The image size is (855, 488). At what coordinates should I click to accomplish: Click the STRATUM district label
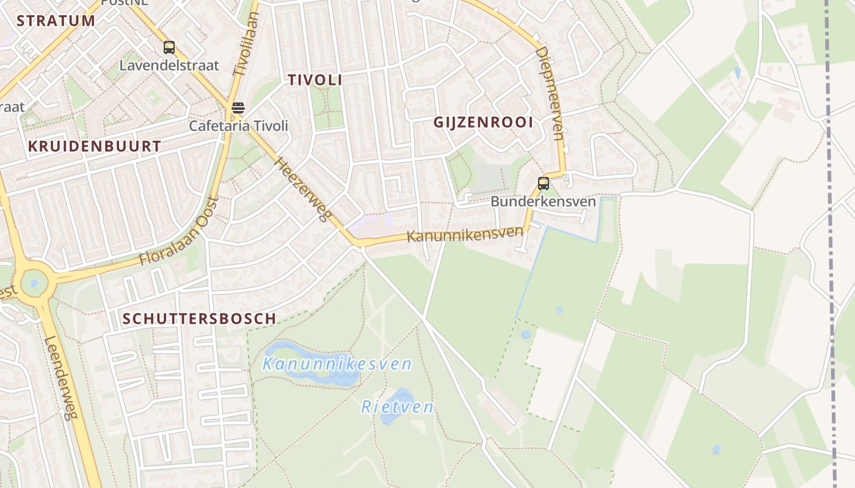(x=56, y=20)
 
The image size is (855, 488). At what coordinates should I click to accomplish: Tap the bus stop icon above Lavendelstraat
(x=169, y=48)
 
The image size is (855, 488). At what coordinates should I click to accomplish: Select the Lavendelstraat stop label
(x=169, y=65)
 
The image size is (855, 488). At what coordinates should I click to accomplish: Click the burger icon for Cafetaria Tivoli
(x=238, y=109)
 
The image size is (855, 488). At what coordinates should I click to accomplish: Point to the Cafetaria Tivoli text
(x=238, y=126)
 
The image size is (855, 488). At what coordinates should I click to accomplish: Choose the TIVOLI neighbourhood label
(x=315, y=80)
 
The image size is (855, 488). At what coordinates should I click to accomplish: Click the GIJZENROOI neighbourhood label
(x=483, y=122)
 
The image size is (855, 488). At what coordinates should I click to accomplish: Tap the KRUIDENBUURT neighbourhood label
(x=95, y=146)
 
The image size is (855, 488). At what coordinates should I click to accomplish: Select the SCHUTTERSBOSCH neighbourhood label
(x=199, y=318)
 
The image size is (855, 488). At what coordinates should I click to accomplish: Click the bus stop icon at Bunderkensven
(x=543, y=183)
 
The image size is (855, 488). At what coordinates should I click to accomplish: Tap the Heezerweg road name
(x=303, y=190)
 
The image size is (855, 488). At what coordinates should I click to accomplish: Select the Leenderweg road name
(x=62, y=379)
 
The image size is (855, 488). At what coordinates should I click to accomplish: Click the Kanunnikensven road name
(x=465, y=234)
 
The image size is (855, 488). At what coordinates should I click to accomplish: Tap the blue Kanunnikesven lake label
(x=337, y=365)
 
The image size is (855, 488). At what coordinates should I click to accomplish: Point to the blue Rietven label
(x=398, y=407)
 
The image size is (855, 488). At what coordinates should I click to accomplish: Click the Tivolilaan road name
(x=247, y=46)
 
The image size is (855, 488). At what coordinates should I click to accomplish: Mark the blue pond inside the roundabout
(x=34, y=283)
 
